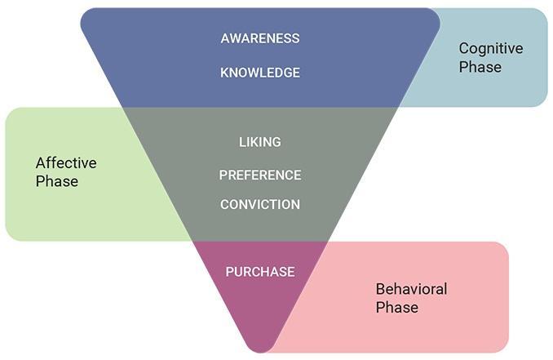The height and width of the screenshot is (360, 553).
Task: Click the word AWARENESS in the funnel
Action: coord(260,38)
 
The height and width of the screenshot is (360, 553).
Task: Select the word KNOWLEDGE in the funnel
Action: coord(260,73)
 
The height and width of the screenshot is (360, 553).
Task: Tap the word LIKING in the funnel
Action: coord(260,142)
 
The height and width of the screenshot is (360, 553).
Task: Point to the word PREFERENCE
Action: coord(260,175)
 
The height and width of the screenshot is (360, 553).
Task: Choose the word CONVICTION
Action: coord(260,204)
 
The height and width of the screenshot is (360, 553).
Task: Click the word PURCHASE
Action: coord(260,272)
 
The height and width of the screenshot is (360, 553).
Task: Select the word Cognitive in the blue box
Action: coord(491,49)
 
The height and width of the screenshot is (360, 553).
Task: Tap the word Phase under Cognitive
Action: coord(480,67)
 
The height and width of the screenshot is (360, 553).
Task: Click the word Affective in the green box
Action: coord(66,163)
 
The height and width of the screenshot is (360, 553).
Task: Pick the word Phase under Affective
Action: coord(56,181)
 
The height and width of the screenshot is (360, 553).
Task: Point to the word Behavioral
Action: coord(411,289)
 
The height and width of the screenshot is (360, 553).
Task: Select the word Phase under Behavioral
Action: coord(396,308)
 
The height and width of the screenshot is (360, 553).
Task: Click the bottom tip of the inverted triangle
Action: coord(260,351)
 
